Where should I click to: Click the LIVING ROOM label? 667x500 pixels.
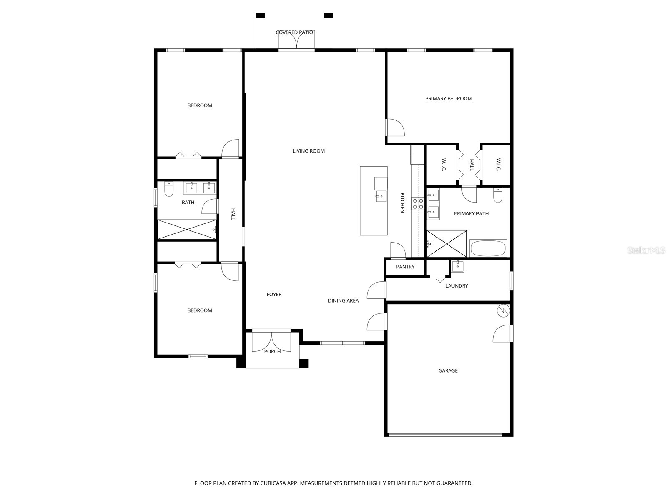click(x=308, y=151)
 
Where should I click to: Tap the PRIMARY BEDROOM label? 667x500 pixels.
click(x=448, y=99)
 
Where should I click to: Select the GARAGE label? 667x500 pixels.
click(x=448, y=370)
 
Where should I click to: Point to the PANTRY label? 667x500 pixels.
click(x=405, y=267)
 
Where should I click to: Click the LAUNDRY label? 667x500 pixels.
click(x=456, y=286)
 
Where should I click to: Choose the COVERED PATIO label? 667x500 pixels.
click(x=294, y=32)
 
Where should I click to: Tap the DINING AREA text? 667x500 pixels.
click(x=343, y=300)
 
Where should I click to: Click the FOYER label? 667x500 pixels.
click(x=274, y=295)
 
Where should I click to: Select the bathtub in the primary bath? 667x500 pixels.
click(x=488, y=248)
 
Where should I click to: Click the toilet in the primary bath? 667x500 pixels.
click(x=497, y=195)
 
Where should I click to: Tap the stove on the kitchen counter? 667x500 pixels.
click(x=418, y=204)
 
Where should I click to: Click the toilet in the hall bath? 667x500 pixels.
click(x=169, y=190)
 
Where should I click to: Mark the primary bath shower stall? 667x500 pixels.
click(x=446, y=244)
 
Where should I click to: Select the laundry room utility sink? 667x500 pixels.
click(x=457, y=266)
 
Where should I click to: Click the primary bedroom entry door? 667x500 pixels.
click(x=395, y=127)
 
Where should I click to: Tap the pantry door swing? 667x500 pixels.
click(x=398, y=250)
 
